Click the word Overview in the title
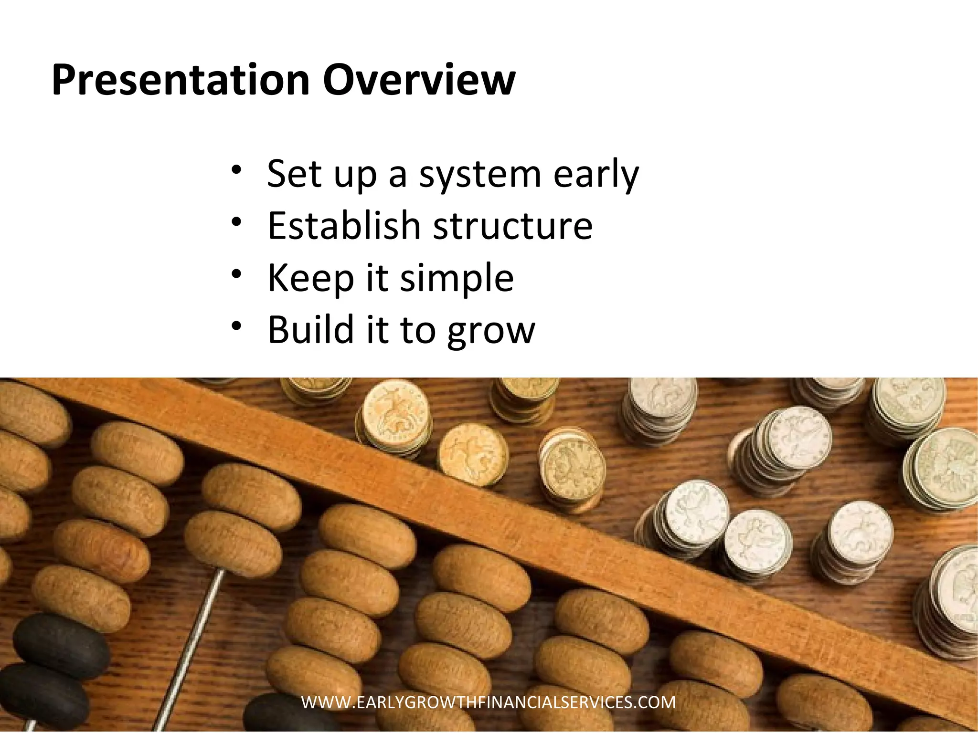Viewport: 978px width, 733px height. pos(419,80)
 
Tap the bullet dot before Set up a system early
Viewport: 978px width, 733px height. pos(236,170)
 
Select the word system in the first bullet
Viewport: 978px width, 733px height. pos(479,175)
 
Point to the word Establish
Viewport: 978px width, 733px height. pos(343,226)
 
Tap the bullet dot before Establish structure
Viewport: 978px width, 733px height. pos(236,222)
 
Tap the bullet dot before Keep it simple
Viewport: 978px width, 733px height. pos(236,274)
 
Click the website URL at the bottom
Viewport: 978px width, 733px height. pos(489,702)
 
